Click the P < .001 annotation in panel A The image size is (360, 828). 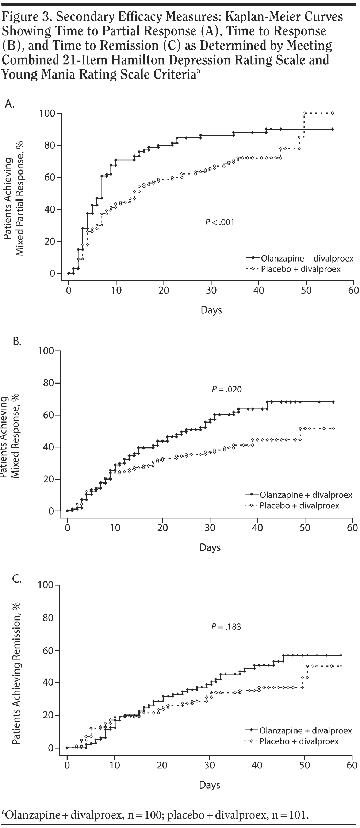pyautogui.click(x=219, y=222)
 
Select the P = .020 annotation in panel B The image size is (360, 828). pyautogui.click(x=226, y=389)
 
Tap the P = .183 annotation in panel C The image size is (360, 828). pyautogui.click(x=226, y=627)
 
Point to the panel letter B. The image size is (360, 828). pyautogui.click(x=17, y=341)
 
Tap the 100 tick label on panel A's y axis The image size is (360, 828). pyautogui.click(x=47, y=113)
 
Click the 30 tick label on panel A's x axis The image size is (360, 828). pyautogui.click(x=211, y=291)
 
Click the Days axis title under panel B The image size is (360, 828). pyautogui.click(x=210, y=547)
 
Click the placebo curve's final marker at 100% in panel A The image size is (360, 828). pyautogui.click(x=332, y=113)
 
